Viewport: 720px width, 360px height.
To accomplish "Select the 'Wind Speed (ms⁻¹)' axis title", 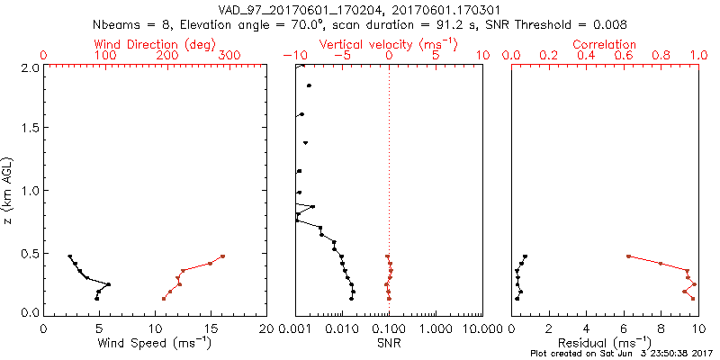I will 155,342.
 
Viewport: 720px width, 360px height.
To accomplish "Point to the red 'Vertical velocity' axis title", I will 388,44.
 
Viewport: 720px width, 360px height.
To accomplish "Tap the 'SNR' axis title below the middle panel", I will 389,342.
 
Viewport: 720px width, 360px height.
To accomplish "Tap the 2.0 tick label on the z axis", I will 30,67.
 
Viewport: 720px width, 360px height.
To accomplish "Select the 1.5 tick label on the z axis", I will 30,129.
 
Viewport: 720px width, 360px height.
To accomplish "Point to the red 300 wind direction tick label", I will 231,56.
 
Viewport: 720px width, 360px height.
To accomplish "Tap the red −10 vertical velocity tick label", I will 293,56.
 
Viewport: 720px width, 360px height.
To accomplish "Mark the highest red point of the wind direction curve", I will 222,256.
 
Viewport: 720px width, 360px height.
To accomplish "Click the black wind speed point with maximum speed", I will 109,285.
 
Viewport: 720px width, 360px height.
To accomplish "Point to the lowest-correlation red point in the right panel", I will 628,256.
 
